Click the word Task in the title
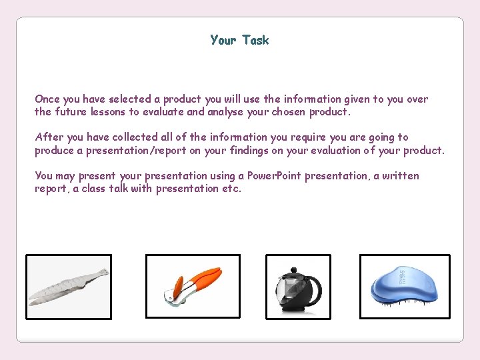tap(255, 40)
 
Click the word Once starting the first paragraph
tap(47, 99)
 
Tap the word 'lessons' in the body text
tap(109, 112)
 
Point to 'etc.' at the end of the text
tap(231, 189)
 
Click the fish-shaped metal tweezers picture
tap(69, 287)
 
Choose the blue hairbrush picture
tap(405, 287)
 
